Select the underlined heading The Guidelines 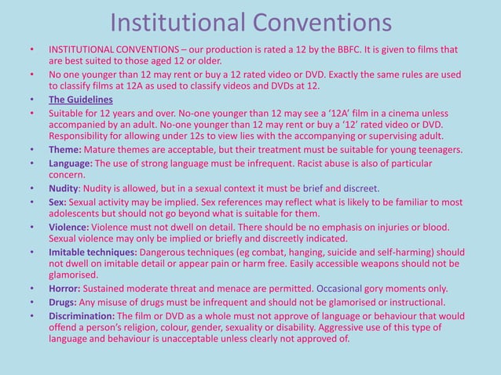[x=81, y=100]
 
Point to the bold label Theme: [x=65, y=149]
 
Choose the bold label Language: [x=75, y=163]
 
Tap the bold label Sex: [x=60, y=201]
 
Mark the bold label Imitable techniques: [x=93, y=252]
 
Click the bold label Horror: [x=67, y=289]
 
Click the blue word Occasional [x=340, y=289]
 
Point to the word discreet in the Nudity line [x=360, y=188]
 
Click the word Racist [x=325, y=163]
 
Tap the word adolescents [x=77, y=213]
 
